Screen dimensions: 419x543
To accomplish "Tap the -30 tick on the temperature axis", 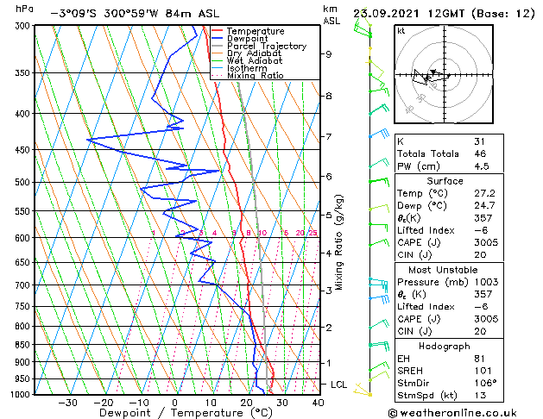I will (67, 403).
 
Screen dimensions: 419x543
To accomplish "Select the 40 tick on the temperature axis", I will (318, 403).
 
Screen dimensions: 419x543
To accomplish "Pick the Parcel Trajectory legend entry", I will (266, 47).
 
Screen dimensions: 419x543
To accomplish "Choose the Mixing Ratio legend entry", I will (255, 76).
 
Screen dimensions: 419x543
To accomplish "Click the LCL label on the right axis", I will (339, 385).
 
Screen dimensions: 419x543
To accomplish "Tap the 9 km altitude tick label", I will (329, 54).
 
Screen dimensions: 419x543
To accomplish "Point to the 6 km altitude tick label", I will (329, 177).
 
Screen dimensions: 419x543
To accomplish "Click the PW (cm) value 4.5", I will (481, 167).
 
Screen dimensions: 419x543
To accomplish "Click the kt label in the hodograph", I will (401, 30).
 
